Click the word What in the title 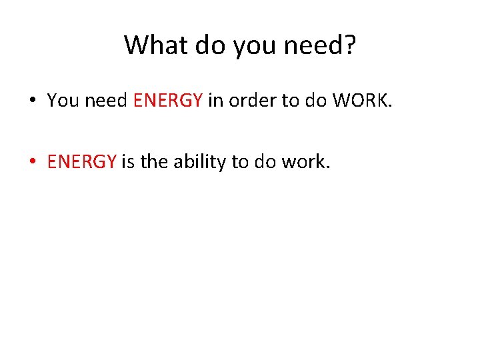click(x=153, y=45)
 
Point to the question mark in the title click(x=350, y=45)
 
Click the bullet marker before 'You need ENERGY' click(x=32, y=101)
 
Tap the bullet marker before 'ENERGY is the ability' click(x=32, y=162)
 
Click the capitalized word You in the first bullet click(x=63, y=101)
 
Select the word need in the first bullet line click(x=107, y=101)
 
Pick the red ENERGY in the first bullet click(x=167, y=101)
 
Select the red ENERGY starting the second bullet click(x=82, y=161)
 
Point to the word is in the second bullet click(x=128, y=161)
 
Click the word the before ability click(x=155, y=161)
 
